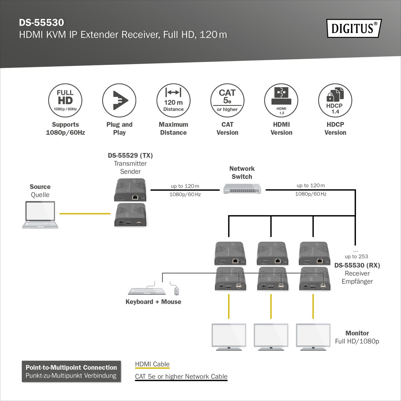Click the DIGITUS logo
pos(354,28)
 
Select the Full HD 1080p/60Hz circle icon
pos(65,100)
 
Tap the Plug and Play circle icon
pos(119,100)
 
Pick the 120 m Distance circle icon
pos(173,100)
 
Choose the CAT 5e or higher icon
pos(227,100)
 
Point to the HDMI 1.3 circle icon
pos(281,100)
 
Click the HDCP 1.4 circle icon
pos(335,100)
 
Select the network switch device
pos(242,189)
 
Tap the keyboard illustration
pos(147,291)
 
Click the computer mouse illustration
pos(176,291)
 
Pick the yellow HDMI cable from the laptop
pos(85,214)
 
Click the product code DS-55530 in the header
pos(42,23)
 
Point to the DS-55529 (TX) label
pos(130,156)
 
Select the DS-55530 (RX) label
pos(357,265)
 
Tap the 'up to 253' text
pos(356,256)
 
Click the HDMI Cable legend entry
pos(152,364)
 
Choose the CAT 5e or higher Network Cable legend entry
pos(181,377)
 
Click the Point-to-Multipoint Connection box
pos(71,372)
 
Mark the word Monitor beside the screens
pos(357,333)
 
